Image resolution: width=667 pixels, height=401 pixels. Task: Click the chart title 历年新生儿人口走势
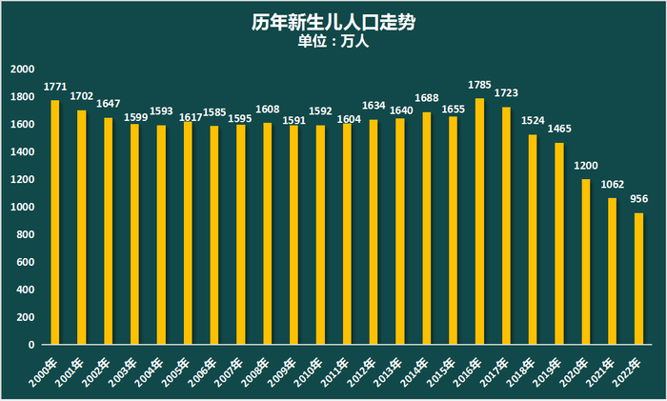coord(333,21)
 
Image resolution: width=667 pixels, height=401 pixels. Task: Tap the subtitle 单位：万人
coord(333,41)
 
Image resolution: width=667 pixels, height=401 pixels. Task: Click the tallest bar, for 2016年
coord(479,221)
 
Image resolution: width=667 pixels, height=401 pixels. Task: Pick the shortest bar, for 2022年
coord(638,278)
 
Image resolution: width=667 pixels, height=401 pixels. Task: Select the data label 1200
coord(586,167)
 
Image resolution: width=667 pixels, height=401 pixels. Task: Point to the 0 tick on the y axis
coord(31,345)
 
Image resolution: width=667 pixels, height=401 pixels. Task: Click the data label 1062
coord(612,186)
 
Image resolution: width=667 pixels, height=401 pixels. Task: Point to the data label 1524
coord(533,123)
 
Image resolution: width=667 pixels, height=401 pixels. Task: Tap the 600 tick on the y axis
coord(25,262)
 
